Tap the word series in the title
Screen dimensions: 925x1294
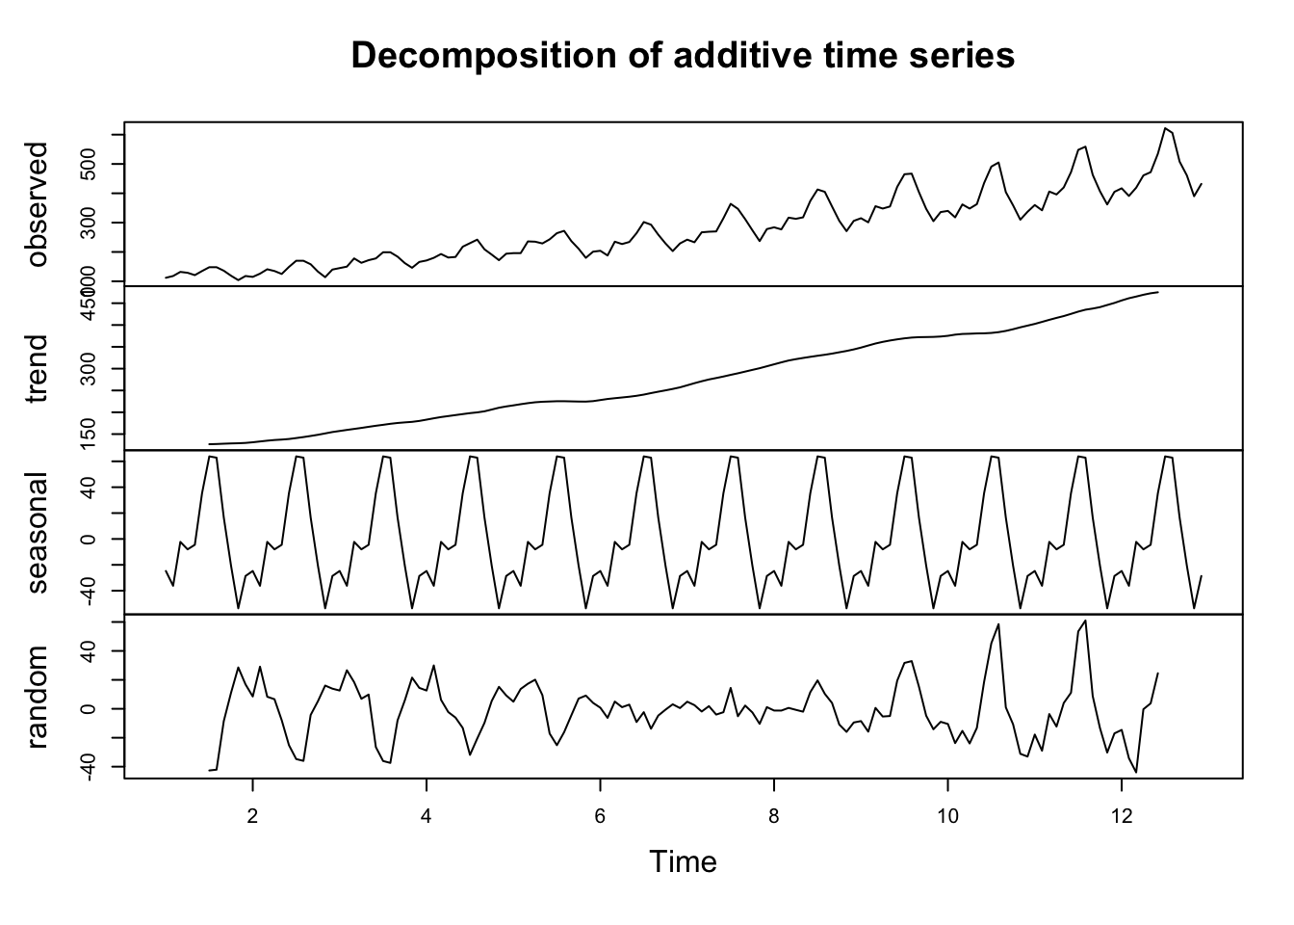click(963, 56)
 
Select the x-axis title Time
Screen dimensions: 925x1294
click(683, 860)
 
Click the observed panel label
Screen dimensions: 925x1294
click(37, 204)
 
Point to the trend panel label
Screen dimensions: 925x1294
click(37, 369)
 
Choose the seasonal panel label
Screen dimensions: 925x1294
click(37, 533)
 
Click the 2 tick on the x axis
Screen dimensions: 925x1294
click(252, 814)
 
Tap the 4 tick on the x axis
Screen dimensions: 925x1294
click(426, 814)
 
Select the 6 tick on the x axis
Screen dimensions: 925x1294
click(600, 814)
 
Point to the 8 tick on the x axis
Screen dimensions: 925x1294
click(773, 814)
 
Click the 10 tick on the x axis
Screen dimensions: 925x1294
click(947, 814)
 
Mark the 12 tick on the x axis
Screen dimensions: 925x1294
click(1121, 814)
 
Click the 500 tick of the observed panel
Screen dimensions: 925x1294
click(91, 165)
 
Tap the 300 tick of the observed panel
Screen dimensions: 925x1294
click(91, 223)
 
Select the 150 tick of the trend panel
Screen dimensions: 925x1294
click(91, 434)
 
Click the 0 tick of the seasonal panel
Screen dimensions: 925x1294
click(91, 539)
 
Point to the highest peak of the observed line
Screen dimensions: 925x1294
click(1165, 127)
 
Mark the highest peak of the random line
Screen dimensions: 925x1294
click(1085, 621)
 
